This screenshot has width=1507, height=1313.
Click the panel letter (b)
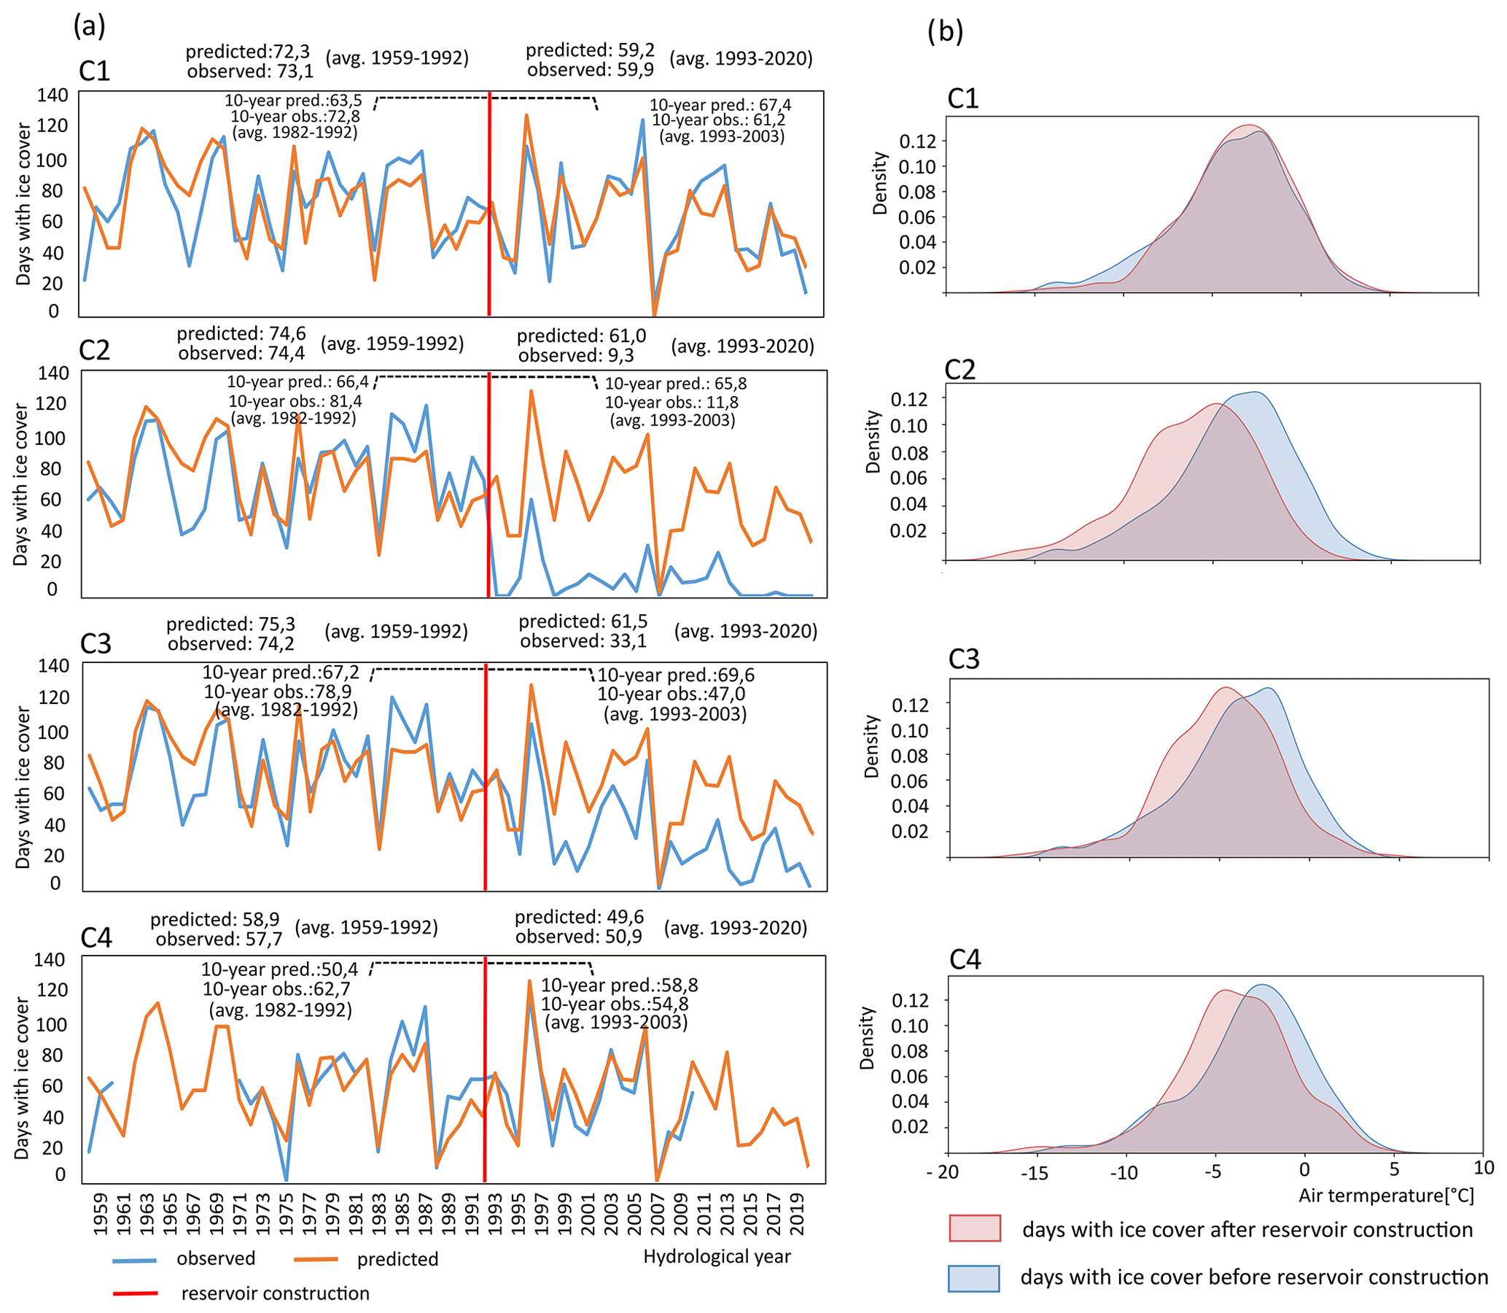pos(945,31)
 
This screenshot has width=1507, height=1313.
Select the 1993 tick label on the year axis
pos(495,1215)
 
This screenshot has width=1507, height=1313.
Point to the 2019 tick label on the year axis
pos(799,1215)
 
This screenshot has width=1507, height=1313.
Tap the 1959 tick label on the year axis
pos(101,1215)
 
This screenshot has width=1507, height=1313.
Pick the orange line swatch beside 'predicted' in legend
pos(316,1260)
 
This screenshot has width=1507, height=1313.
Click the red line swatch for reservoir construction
pos(135,1294)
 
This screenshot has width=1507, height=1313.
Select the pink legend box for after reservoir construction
pos(975,1228)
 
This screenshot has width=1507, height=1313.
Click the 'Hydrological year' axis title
pos(717,1257)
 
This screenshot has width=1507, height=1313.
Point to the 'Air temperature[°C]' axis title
pos(1386,1196)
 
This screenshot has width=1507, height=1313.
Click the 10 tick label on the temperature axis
pos(1484,1167)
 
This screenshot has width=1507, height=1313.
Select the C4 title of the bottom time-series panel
pos(96,938)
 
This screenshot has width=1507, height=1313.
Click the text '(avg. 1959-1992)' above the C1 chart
pos(397,58)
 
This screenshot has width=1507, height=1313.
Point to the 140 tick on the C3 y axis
pos(54,666)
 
